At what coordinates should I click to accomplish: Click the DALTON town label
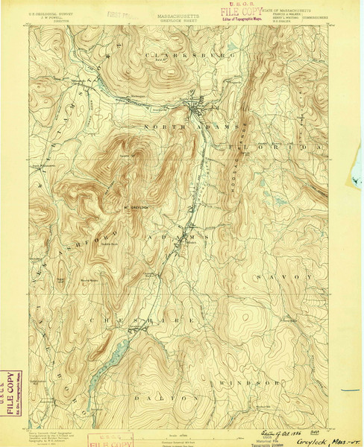[178, 399]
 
